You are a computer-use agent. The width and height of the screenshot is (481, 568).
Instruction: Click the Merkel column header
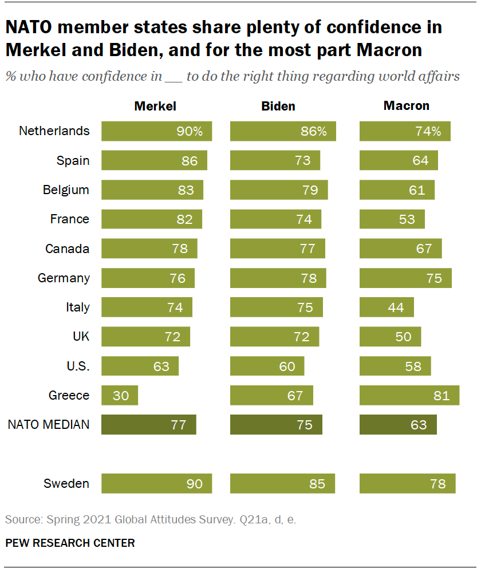[x=155, y=106]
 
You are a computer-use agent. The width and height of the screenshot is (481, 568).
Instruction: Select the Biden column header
[x=278, y=106]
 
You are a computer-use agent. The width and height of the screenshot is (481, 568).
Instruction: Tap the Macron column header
[x=406, y=106]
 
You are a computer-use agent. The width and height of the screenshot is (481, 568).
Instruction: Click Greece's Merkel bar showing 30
[x=120, y=395]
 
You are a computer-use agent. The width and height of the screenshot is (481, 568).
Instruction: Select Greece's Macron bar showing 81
[x=409, y=395]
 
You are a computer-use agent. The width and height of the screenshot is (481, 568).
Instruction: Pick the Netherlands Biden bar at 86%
[x=283, y=131]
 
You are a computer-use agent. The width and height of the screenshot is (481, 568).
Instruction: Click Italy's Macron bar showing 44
[x=387, y=307]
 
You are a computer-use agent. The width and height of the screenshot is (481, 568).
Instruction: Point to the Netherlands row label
[x=54, y=131]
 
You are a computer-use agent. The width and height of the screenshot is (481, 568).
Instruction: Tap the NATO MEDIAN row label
[x=49, y=424]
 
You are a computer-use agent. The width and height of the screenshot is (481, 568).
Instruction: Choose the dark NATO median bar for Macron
[x=398, y=425]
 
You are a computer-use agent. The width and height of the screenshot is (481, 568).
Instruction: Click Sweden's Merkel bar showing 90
[x=156, y=483]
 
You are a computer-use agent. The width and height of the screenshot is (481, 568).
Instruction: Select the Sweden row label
[x=66, y=483]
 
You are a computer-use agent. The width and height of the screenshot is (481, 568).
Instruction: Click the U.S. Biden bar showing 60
[x=267, y=366]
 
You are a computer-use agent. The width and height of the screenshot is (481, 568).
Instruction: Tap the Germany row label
[x=64, y=278]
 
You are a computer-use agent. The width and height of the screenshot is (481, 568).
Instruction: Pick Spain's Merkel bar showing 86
[x=154, y=160]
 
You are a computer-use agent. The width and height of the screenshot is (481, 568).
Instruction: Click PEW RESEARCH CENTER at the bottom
[x=70, y=543]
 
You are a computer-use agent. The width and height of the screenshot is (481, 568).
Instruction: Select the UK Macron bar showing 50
[x=390, y=337]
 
